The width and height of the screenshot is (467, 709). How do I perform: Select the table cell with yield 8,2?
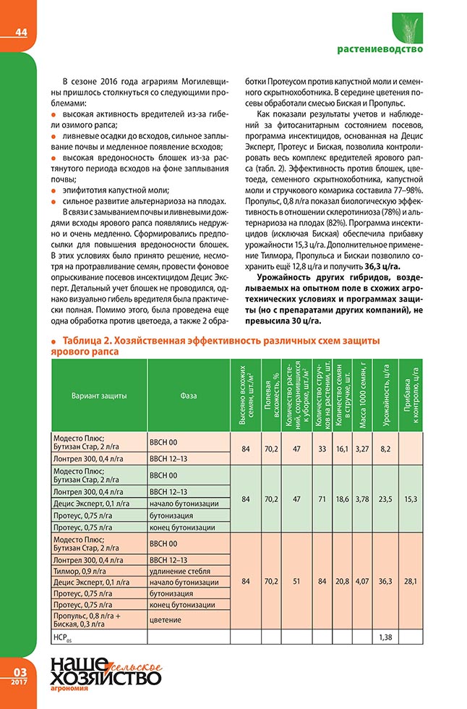point(386,449)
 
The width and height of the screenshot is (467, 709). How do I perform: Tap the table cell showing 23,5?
point(386,498)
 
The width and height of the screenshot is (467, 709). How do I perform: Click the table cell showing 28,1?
point(411,581)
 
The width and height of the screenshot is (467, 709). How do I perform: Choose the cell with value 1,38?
point(386,636)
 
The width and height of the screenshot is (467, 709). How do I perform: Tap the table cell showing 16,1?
point(342,449)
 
